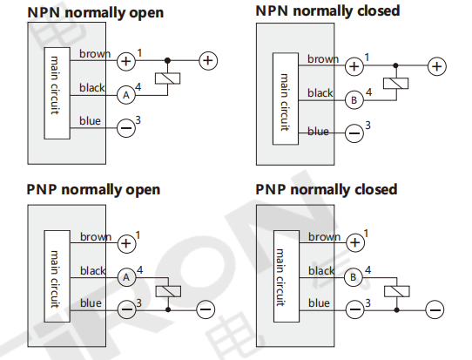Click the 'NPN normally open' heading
96,13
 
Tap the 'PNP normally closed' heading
327,190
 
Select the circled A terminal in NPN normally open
126,95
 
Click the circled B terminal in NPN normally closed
354,100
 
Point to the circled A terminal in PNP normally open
126,277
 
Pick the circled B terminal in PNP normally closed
354,277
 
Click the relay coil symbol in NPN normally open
168,78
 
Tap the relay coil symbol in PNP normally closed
397,291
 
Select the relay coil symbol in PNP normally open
168,291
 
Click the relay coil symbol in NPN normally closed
396,84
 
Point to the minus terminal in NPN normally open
125,128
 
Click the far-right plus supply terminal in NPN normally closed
437,66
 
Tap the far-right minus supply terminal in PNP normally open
206,309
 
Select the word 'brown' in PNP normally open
96,237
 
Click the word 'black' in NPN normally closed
320,93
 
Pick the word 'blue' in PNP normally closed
319,303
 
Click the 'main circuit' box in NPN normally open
57,93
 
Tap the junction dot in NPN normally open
168,60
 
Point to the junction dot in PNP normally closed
397,309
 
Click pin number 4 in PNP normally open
139,270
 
